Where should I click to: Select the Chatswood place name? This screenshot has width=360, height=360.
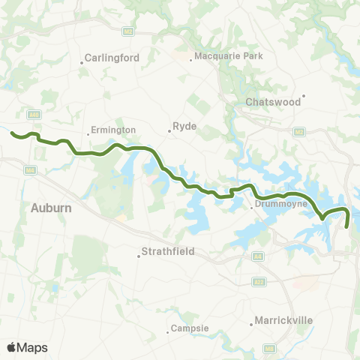click(x=273, y=100)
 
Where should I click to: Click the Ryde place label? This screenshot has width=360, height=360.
click(x=184, y=127)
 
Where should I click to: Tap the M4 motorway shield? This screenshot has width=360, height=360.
click(x=30, y=171)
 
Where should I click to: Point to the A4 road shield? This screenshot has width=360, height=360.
click(x=259, y=256)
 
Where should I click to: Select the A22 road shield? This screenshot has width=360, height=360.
click(x=259, y=282)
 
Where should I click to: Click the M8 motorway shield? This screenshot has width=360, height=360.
click(x=269, y=349)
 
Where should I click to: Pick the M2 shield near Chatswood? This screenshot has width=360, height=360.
click(x=300, y=132)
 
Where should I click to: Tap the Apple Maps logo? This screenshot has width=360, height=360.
click(x=27, y=347)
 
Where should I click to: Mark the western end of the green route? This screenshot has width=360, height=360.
click(x=13, y=133)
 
